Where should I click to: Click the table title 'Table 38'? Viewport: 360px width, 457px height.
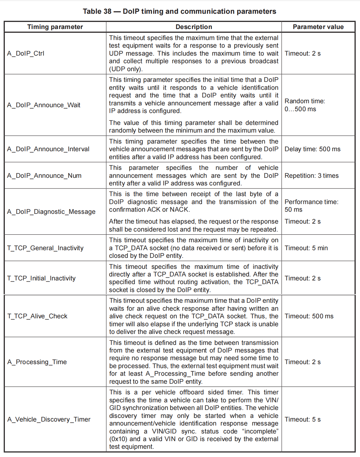pos(97,11)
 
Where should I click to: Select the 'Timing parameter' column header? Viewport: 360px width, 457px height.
pos(55,27)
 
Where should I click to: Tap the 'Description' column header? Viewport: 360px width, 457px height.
pos(194,27)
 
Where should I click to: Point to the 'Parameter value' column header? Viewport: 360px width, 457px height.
pos(318,27)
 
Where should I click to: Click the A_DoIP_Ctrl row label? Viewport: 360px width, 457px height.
pos(26,53)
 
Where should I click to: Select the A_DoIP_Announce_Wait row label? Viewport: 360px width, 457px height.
pos(44,105)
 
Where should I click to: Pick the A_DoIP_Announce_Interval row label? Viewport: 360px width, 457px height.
pos(48,149)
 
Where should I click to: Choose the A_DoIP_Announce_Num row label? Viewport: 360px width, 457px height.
pos(44,176)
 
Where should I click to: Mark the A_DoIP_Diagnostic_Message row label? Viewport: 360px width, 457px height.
pos(51,212)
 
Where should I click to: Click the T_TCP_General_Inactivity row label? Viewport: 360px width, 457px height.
pos(45,248)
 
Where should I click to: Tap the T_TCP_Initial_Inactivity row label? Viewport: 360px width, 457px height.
pos(41,278)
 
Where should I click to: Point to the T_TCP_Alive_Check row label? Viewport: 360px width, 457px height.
pos(37,316)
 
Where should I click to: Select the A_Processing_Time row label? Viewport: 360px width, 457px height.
pos(37,362)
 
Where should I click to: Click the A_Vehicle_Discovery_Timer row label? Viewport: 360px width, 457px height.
pos(49,419)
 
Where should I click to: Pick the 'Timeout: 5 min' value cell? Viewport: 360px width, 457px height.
pos(306,248)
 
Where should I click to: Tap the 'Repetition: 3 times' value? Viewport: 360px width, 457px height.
pos(311,176)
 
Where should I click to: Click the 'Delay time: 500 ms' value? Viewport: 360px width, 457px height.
pos(312,149)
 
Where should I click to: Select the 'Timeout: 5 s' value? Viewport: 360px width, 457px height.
pos(303,419)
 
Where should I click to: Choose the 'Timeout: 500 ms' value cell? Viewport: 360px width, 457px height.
pos(309,316)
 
